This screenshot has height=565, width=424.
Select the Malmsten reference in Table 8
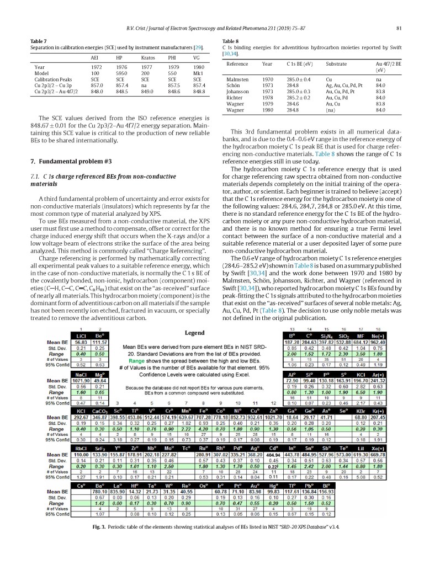(238, 79)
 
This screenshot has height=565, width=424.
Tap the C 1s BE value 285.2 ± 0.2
(299, 98)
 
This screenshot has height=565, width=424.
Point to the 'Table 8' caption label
(230, 41)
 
